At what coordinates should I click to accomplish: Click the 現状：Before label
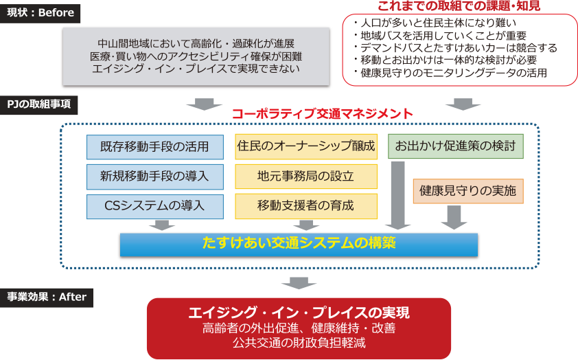pyautogui.click(x=41, y=13)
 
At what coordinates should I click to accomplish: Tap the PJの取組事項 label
pyautogui.click(x=40, y=106)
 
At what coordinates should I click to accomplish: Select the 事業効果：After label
pyautogui.click(x=47, y=297)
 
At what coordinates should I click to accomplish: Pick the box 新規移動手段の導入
pyautogui.click(x=155, y=177)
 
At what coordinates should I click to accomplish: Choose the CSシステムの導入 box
pyautogui.click(x=155, y=205)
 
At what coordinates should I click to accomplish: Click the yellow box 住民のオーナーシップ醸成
pyautogui.click(x=306, y=146)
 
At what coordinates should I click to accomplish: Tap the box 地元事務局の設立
pyautogui.click(x=306, y=176)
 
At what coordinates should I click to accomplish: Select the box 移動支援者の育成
pyautogui.click(x=306, y=205)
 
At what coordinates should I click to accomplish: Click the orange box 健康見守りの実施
pyautogui.click(x=467, y=190)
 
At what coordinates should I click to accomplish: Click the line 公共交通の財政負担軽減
pyautogui.click(x=299, y=341)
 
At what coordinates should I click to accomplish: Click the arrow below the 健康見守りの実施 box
pyautogui.click(x=454, y=217)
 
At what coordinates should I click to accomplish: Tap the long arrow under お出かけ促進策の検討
pyautogui.click(x=398, y=195)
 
